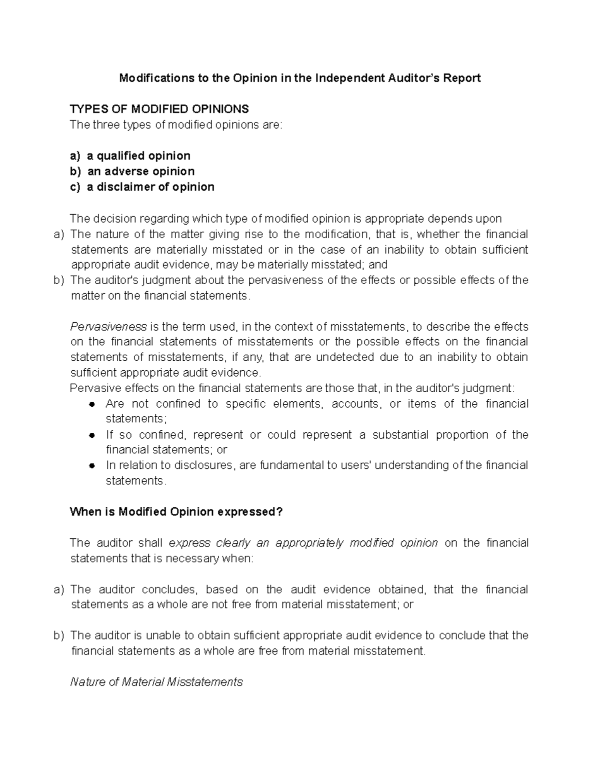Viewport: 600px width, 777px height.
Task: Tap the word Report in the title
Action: click(462, 78)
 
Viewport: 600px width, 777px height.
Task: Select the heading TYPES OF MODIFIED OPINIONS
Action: click(159, 109)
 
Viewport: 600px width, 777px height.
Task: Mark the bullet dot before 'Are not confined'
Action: click(91, 404)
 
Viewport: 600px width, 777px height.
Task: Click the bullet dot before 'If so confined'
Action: click(91, 435)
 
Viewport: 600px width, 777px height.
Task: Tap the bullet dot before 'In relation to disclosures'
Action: click(91, 465)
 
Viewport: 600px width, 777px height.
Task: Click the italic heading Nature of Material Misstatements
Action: click(156, 682)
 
